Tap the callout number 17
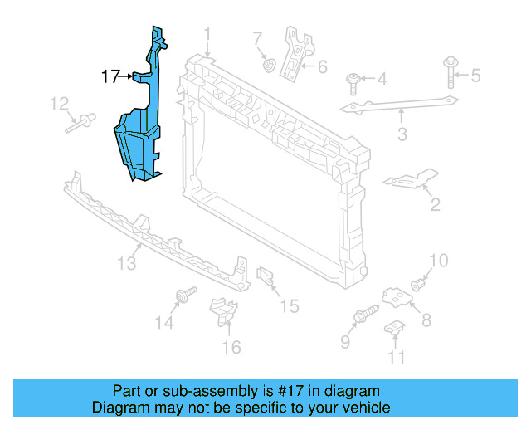point(110,77)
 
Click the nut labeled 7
point(267,63)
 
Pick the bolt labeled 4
point(354,81)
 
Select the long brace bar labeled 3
point(398,105)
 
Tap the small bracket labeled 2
point(412,180)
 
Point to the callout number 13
point(126,263)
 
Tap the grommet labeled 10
point(418,285)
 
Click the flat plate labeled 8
point(397,296)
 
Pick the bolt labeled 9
point(365,315)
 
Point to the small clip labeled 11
point(396,330)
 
